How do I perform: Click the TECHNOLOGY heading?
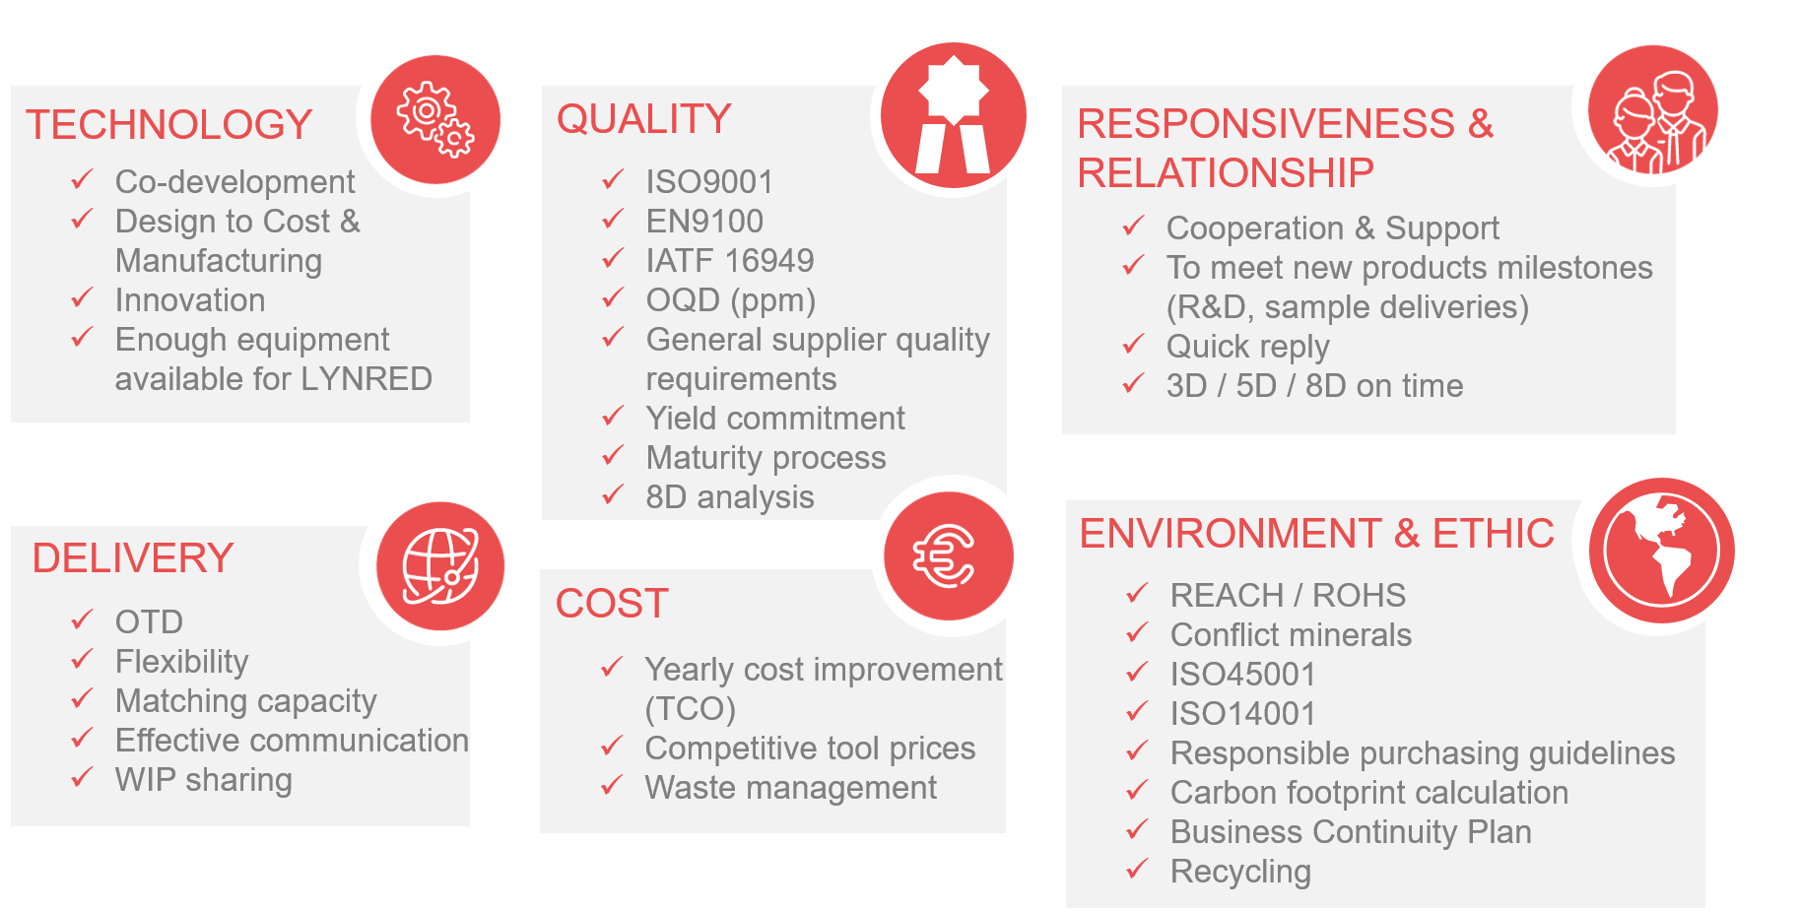click(168, 125)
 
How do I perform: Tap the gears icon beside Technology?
click(435, 119)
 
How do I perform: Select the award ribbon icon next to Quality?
click(953, 115)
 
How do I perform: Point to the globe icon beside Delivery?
click(440, 566)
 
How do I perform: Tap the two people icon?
click(1653, 110)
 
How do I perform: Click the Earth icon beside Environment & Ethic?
click(1662, 551)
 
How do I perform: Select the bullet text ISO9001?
click(709, 182)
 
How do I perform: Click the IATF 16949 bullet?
click(730, 261)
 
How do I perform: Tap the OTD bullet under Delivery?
click(149, 622)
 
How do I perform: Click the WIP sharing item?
click(204, 780)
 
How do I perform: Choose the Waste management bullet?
click(791, 788)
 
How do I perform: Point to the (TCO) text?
click(691, 709)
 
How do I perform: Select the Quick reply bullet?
click(1248, 348)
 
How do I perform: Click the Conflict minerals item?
click(1291, 635)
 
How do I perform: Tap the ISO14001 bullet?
click(1243, 714)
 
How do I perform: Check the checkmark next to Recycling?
click(1137, 869)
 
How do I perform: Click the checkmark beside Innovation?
click(82, 297)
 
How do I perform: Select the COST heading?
click(612, 604)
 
